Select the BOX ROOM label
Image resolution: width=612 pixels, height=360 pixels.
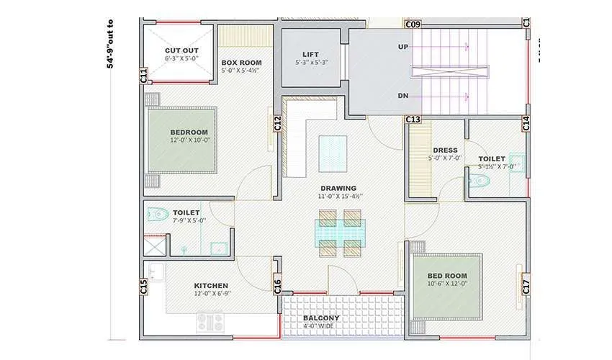coord(241,63)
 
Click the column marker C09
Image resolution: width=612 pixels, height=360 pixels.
coord(413,24)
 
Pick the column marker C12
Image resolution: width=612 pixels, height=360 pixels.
coord(278,124)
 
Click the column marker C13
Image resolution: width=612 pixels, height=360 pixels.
coord(413,119)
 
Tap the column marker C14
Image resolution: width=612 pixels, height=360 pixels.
coord(526,123)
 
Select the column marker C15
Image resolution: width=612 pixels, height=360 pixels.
coord(144,287)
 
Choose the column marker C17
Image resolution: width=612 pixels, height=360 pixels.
coord(526,286)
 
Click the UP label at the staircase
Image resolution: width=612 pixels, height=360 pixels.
coord(404,47)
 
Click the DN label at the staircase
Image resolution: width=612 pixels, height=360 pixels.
coord(404,96)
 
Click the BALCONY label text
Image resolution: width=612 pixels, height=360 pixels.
coord(321,318)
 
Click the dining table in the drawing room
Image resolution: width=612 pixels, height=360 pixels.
coord(339,233)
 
